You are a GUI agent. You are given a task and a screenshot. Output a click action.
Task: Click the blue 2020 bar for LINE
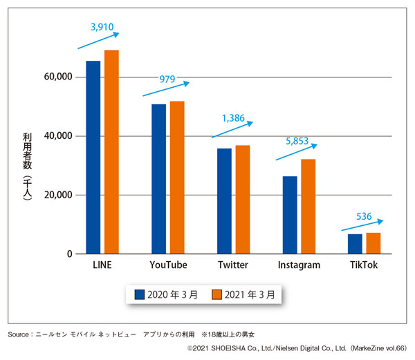(93, 158)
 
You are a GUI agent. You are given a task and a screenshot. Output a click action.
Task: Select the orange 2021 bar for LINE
(111, 152)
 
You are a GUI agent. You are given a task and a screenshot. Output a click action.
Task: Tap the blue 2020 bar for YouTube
(158, 179)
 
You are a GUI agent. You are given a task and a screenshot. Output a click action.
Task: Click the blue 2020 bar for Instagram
(289, 215)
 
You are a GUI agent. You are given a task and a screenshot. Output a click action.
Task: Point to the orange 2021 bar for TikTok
(373, 243)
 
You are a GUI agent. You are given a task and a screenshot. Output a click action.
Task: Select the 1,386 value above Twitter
(233, 118)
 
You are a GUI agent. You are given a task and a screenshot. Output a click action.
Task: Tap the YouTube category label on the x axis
(168, 265)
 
